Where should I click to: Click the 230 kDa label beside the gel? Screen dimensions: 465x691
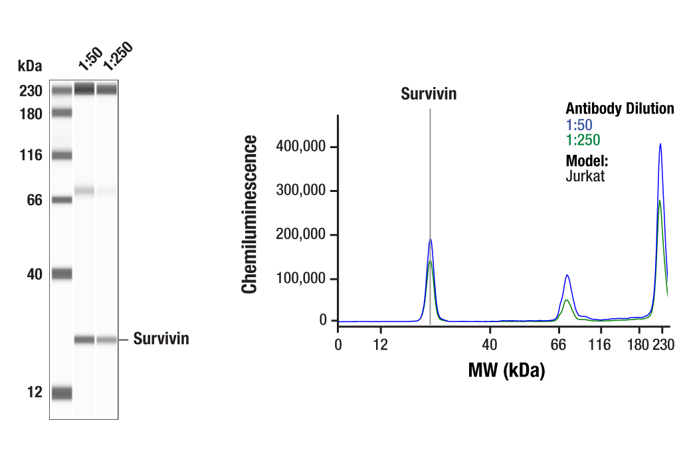tap(31, 91)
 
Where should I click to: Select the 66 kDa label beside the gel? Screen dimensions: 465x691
tap(33, 200)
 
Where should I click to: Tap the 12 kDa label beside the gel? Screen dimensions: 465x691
tap(35, 393)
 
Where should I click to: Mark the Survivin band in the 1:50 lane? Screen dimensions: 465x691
tap(84, 339)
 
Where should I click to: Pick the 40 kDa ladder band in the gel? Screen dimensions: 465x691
tap(62, 273)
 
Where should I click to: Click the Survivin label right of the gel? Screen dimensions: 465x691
tap(161, 339)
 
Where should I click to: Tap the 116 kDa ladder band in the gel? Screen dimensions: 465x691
tap(62, 155)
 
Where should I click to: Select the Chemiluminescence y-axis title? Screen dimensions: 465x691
tap(250, 214)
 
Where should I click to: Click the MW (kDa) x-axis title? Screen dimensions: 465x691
tap(506, 370)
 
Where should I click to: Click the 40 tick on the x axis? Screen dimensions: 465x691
tap(490, 344)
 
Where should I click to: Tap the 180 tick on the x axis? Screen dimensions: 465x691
tap(639, 344)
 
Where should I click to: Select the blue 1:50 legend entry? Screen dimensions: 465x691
tap(579, 124)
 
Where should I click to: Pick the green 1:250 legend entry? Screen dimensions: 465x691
tap(583, 140)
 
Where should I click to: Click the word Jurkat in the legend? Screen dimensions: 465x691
tap(585, 177)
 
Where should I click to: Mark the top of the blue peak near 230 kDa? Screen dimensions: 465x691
tap(660, 144)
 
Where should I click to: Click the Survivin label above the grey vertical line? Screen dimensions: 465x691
tap(429, 94)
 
